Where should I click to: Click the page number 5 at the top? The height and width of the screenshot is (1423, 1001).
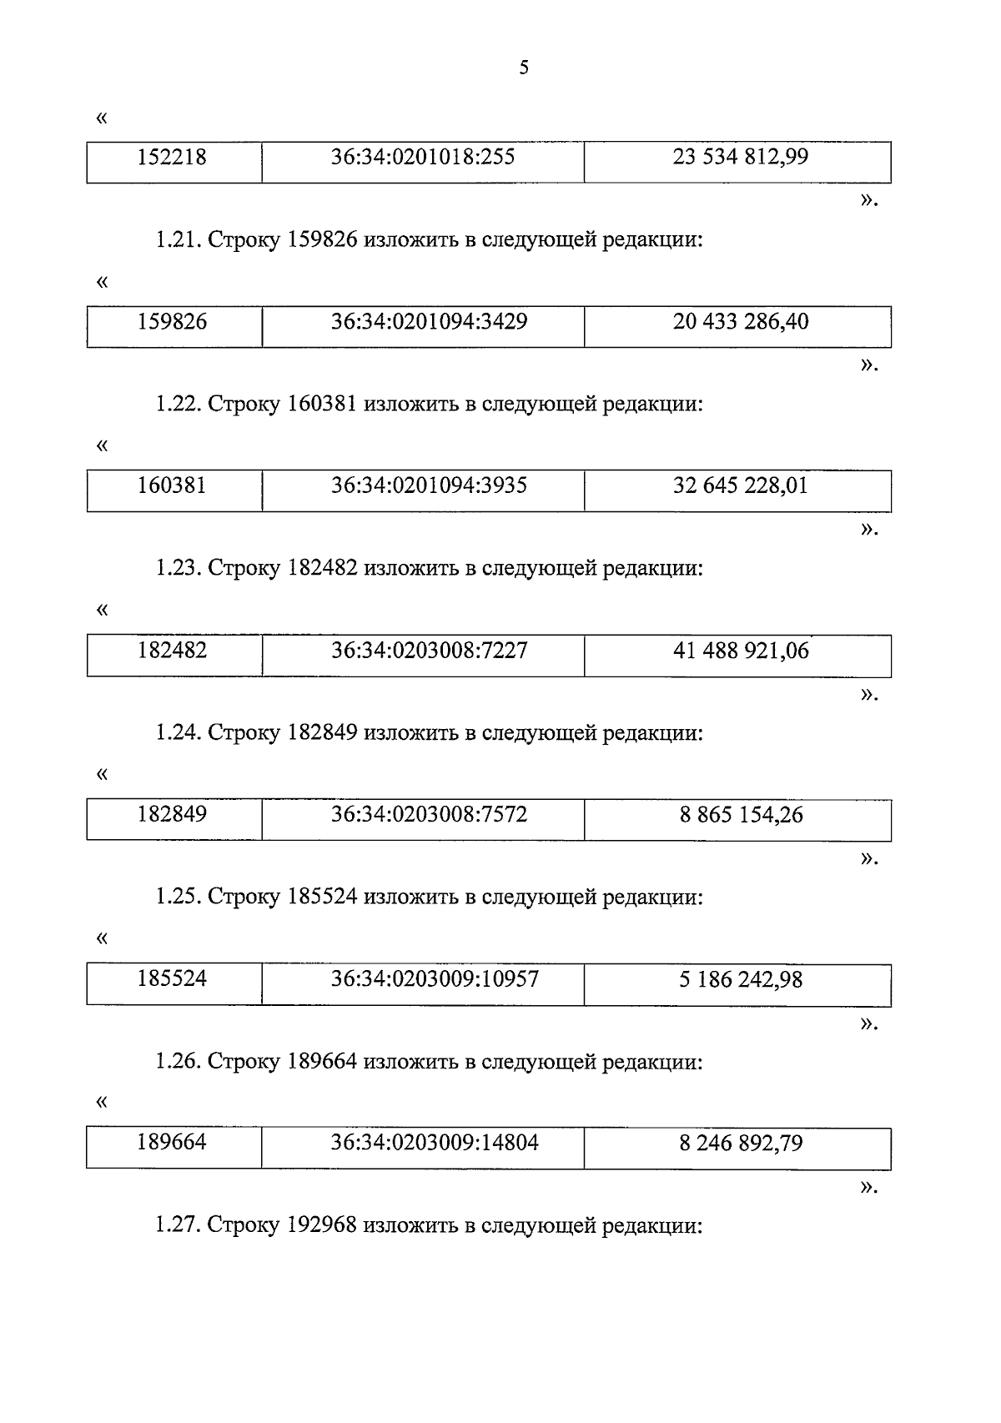(x=524, y=68)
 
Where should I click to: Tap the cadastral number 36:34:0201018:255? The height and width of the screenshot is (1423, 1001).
(x=422, y=158)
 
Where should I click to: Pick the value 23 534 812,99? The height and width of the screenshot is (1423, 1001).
(x=740, y=158)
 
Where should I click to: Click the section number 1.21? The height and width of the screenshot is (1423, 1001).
(x=178, y=241)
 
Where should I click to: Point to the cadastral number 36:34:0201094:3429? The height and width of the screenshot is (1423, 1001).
(x=429, y=322)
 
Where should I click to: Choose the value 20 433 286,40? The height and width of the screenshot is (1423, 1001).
(x=740, y=322)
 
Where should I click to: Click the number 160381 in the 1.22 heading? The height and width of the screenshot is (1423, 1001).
(x=322, y=405)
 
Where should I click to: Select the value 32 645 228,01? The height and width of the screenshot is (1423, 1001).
(x=740, y=486)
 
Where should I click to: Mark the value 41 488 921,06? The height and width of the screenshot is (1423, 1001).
(x=740, y=651)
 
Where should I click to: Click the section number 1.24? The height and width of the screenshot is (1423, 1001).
(x=178, y=733)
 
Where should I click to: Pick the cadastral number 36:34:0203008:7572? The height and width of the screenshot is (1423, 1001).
(x=429, y=815)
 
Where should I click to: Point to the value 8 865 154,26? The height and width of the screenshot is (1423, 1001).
(x=740, y=815)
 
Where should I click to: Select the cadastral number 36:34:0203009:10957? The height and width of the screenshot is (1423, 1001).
(x=435, y=979)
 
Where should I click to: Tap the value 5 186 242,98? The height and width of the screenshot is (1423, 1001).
(x=740, y=979)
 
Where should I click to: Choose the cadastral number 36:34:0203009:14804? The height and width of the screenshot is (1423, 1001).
(x=435, y=1143)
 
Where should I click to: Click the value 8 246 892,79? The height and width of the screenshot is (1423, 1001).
(x=740, y=1143)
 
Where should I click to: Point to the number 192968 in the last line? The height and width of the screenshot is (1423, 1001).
(x=322, y=1226)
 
